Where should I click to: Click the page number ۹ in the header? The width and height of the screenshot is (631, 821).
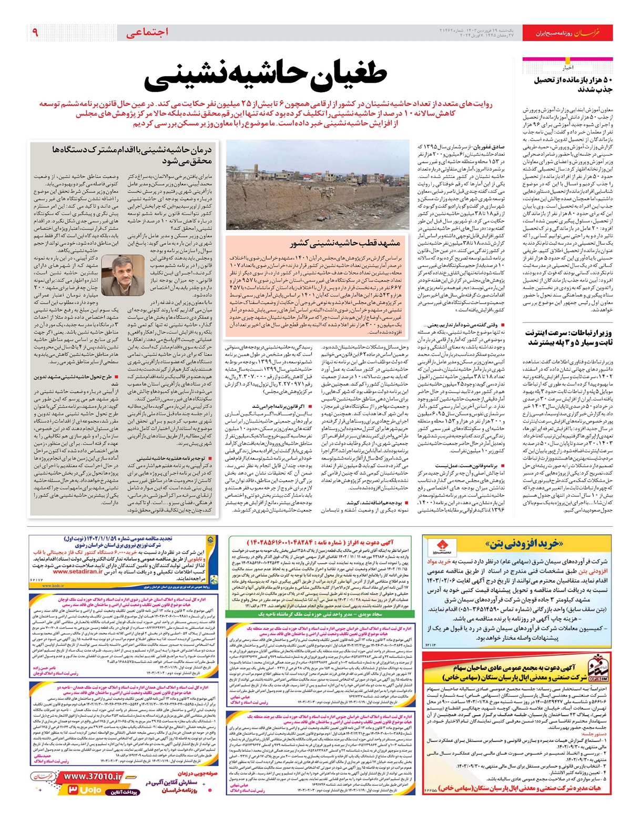(35, 33)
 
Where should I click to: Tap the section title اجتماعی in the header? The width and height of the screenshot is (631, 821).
(147, 33)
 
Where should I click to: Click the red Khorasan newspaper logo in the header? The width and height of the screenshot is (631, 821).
(586, 33)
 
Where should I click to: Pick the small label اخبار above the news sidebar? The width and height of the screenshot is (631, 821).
(568, 68)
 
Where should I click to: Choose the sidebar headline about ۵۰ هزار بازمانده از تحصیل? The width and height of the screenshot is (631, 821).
(573, 85)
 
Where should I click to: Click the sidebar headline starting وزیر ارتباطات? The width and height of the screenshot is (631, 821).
(568, 337)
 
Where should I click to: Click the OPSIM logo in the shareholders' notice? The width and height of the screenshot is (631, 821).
(597, 668)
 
